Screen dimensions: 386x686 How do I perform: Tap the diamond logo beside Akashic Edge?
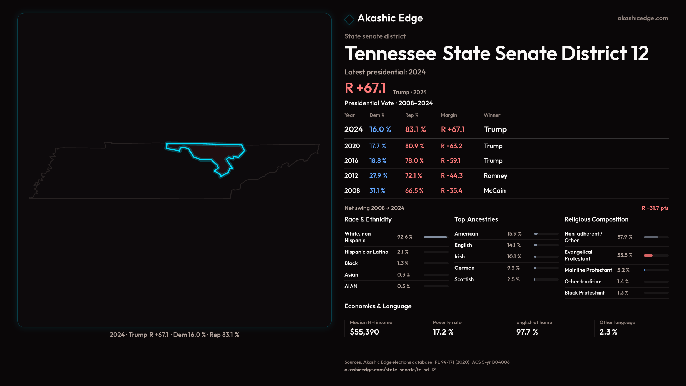coord(349,19)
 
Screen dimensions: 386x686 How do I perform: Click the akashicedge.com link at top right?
coord(643,18)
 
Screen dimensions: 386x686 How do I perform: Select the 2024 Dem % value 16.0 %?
coord(380,129)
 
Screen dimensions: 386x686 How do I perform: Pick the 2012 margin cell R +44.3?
coord(452,176)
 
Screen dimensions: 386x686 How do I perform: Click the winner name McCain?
coord(494,191)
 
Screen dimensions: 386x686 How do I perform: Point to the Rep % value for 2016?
coord(414,161)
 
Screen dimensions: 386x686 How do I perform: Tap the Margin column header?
coord(449,115)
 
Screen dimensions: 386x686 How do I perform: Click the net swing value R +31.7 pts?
coord(655,208)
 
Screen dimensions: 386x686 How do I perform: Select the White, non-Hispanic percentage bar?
coord(435,237)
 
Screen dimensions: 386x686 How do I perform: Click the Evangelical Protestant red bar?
coord(648,256)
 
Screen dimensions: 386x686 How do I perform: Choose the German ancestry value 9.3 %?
coord(513,268)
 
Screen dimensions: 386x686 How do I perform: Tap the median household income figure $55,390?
coord(364,332)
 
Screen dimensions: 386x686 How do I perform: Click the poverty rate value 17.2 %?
coord(443,332)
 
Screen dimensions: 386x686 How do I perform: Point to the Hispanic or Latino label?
coord(366,252)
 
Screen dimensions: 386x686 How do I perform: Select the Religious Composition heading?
coord(596,219)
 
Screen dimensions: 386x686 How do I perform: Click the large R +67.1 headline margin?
coord(365,88)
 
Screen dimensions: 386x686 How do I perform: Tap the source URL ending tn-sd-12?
coord(390,370)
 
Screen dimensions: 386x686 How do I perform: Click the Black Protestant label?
coord(585,293)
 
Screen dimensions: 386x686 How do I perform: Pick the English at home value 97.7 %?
coord(527,332)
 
